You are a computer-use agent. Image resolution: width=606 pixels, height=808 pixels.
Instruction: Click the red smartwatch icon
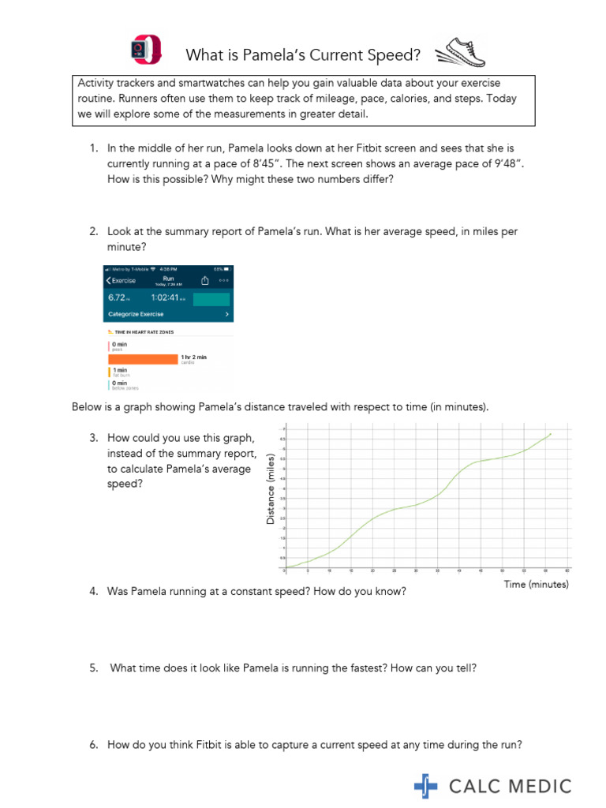click(x=145, y=50)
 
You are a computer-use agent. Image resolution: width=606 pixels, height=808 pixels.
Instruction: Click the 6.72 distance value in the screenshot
click(x=118, y=299)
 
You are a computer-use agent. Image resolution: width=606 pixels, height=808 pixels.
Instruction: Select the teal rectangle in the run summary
click(x=211, y=299)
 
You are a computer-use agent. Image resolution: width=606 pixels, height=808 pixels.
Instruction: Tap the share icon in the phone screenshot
click(x=204, y=280)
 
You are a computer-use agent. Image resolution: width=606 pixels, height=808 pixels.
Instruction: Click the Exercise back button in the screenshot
click(x=121, y=280)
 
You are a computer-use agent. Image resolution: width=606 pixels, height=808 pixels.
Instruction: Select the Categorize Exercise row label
click(x=135, y=314)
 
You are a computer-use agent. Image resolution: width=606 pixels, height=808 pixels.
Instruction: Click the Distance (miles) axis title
click(x=271, y=489)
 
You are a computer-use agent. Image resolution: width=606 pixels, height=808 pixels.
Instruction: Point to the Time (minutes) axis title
click(x=536, y=585)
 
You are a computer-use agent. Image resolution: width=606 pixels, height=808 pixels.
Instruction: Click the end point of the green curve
click(x=550, y=433)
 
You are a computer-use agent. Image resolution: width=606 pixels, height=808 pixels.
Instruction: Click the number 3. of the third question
click(x=93, y=438)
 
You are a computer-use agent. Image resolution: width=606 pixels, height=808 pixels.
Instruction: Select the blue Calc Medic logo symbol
click(x=426, y=786)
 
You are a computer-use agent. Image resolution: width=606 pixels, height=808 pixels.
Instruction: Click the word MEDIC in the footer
click(x=542, y=786)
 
